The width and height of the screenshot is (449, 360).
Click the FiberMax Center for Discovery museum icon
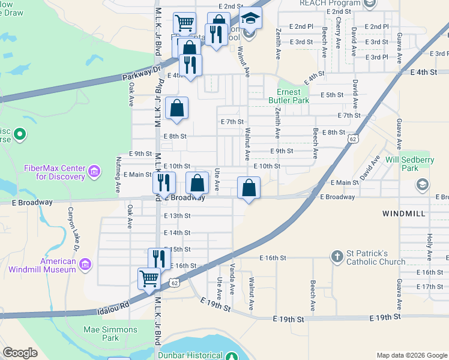94,173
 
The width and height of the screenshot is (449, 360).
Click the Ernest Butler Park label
293,96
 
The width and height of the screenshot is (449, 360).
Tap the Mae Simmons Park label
110,334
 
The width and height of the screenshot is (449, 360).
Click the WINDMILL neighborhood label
403,214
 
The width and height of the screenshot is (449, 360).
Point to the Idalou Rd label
113,308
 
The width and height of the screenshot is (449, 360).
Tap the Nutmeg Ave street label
118,173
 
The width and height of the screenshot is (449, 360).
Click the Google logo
20,353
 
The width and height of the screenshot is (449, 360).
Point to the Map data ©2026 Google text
411,355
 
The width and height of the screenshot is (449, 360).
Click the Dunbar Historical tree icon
231,356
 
